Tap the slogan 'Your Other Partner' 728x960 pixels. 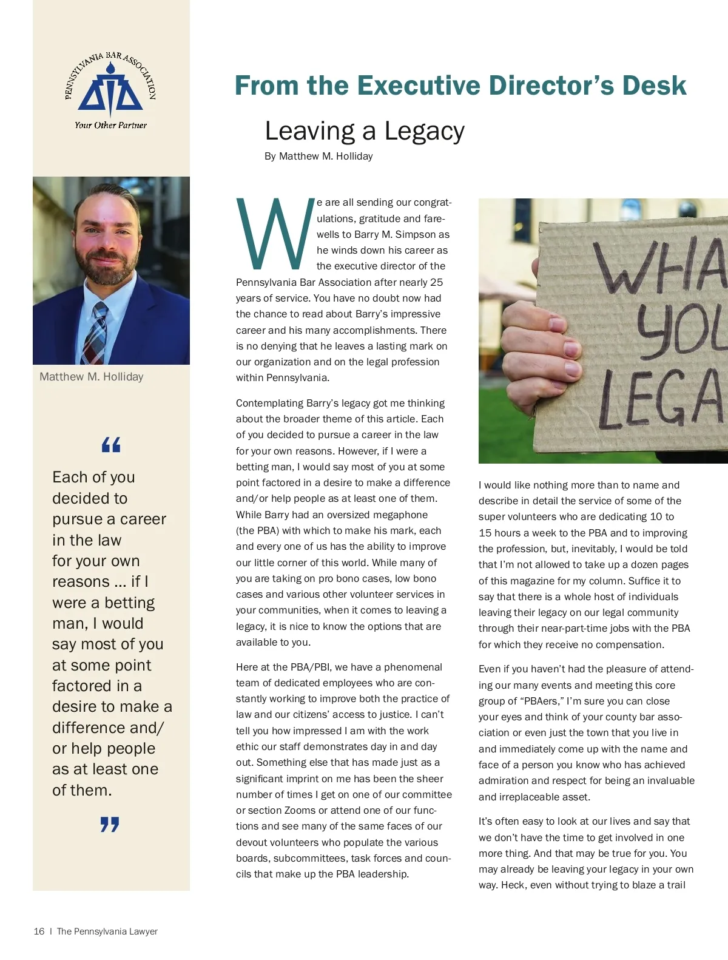pos(110,125)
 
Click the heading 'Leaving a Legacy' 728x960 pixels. pos(365,131)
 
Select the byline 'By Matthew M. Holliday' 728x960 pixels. pos(318,157)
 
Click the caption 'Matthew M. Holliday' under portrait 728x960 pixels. pos(92,377)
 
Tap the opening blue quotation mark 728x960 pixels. pos(111,445)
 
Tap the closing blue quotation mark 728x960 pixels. pos(110,824)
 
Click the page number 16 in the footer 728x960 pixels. pos(39,931)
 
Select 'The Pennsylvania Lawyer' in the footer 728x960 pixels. pos(107,931)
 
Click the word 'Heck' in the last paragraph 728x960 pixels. pos(513,885)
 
